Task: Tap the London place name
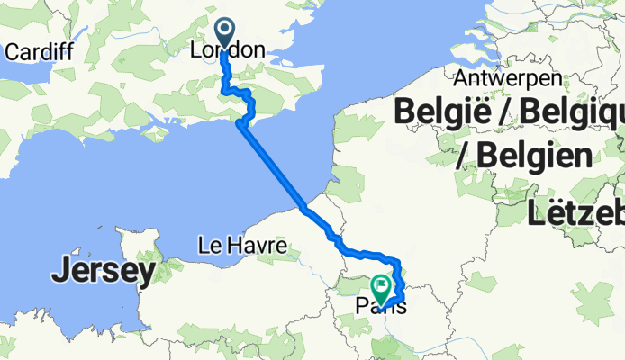[229, 51]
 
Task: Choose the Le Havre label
[242, 245]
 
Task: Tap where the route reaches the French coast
[305, 208]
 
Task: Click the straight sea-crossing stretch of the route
[273, 167]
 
